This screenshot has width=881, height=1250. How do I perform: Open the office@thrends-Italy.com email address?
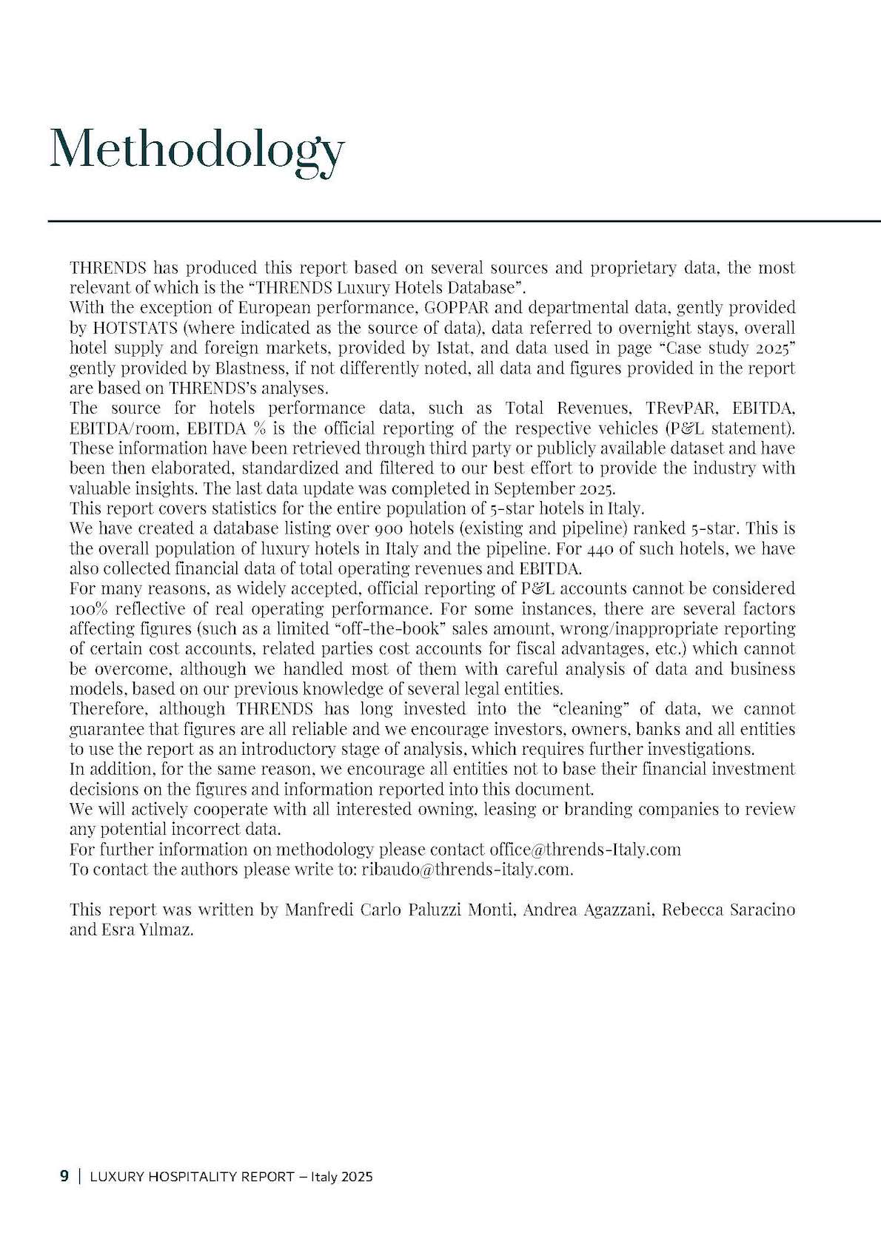[x=585, y=849]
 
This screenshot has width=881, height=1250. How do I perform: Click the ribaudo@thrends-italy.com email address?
[x=467, y=869]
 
